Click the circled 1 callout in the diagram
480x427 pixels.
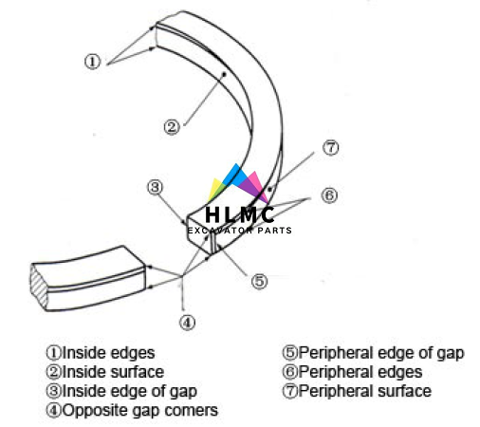pos(93,62)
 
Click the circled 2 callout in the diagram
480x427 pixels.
pos(172,127)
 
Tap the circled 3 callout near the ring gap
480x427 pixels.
pos(155,187)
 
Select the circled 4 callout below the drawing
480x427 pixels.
pos(188,323)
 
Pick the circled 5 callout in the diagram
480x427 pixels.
pos(259,281)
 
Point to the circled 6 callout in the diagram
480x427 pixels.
pos(329,195)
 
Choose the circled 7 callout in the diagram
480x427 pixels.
pos(331,148)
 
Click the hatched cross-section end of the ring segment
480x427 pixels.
pos(39,287)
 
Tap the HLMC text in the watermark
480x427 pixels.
pos(240,215)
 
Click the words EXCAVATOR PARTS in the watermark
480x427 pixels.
pos(240,231)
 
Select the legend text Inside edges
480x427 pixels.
pos(108,353)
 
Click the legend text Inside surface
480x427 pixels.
pos(113,372)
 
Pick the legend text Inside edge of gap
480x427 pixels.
pos(130,392)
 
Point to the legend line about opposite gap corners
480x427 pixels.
pos(132,411)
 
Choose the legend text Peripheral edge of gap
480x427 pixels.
pos(381,353)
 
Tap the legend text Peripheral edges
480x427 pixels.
pos(360,372)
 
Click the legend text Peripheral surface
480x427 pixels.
pos(365,391)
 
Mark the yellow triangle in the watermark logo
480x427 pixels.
pos(215,190)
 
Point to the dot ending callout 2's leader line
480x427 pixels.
pos(224,74)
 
